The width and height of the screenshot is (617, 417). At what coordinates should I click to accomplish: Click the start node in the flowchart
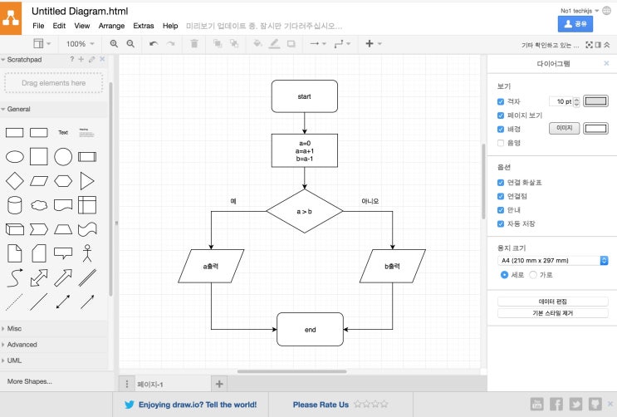pyautogui.click(x=304, y=96)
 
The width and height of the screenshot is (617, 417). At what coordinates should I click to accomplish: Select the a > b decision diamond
pyautogui.click(x=304, y=211)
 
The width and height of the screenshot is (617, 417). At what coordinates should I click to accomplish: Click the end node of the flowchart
pyautogui.click(x=310, y=329)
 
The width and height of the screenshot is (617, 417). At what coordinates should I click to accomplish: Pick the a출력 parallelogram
pyautogui.click(x=211, y=266)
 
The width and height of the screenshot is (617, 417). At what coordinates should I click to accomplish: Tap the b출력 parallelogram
pyautogui.click(x=393, y=266)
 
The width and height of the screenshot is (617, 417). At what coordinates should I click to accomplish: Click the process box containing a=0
pyautogui.click(x=304, y=151)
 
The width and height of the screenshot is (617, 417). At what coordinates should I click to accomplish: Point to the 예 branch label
pyautogui.click(x=233, y=201)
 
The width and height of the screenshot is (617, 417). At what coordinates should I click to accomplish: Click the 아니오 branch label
pyautogui.click(x=370, y=201)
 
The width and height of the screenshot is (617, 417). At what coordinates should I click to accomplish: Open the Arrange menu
pyautogui.click(x=111, y=26)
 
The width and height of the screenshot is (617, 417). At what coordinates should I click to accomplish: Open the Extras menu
pyautogui.click(x=144, y=26)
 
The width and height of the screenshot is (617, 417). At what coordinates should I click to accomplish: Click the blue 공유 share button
pyautogui.click(x=575, y=24)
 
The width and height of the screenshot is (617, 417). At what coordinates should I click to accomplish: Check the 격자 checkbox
pyautogui.click(x=501, y=101)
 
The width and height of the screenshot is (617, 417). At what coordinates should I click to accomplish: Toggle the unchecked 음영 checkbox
pyautogui.click(x=501, y=143)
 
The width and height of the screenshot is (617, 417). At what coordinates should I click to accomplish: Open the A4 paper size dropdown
pyautogui.click(x=552, y=260)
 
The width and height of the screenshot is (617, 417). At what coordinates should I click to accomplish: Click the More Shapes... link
pyautogui.click(x=29, y=381)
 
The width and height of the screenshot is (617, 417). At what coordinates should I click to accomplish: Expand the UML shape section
pyautogui.click(x=14, y=361)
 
